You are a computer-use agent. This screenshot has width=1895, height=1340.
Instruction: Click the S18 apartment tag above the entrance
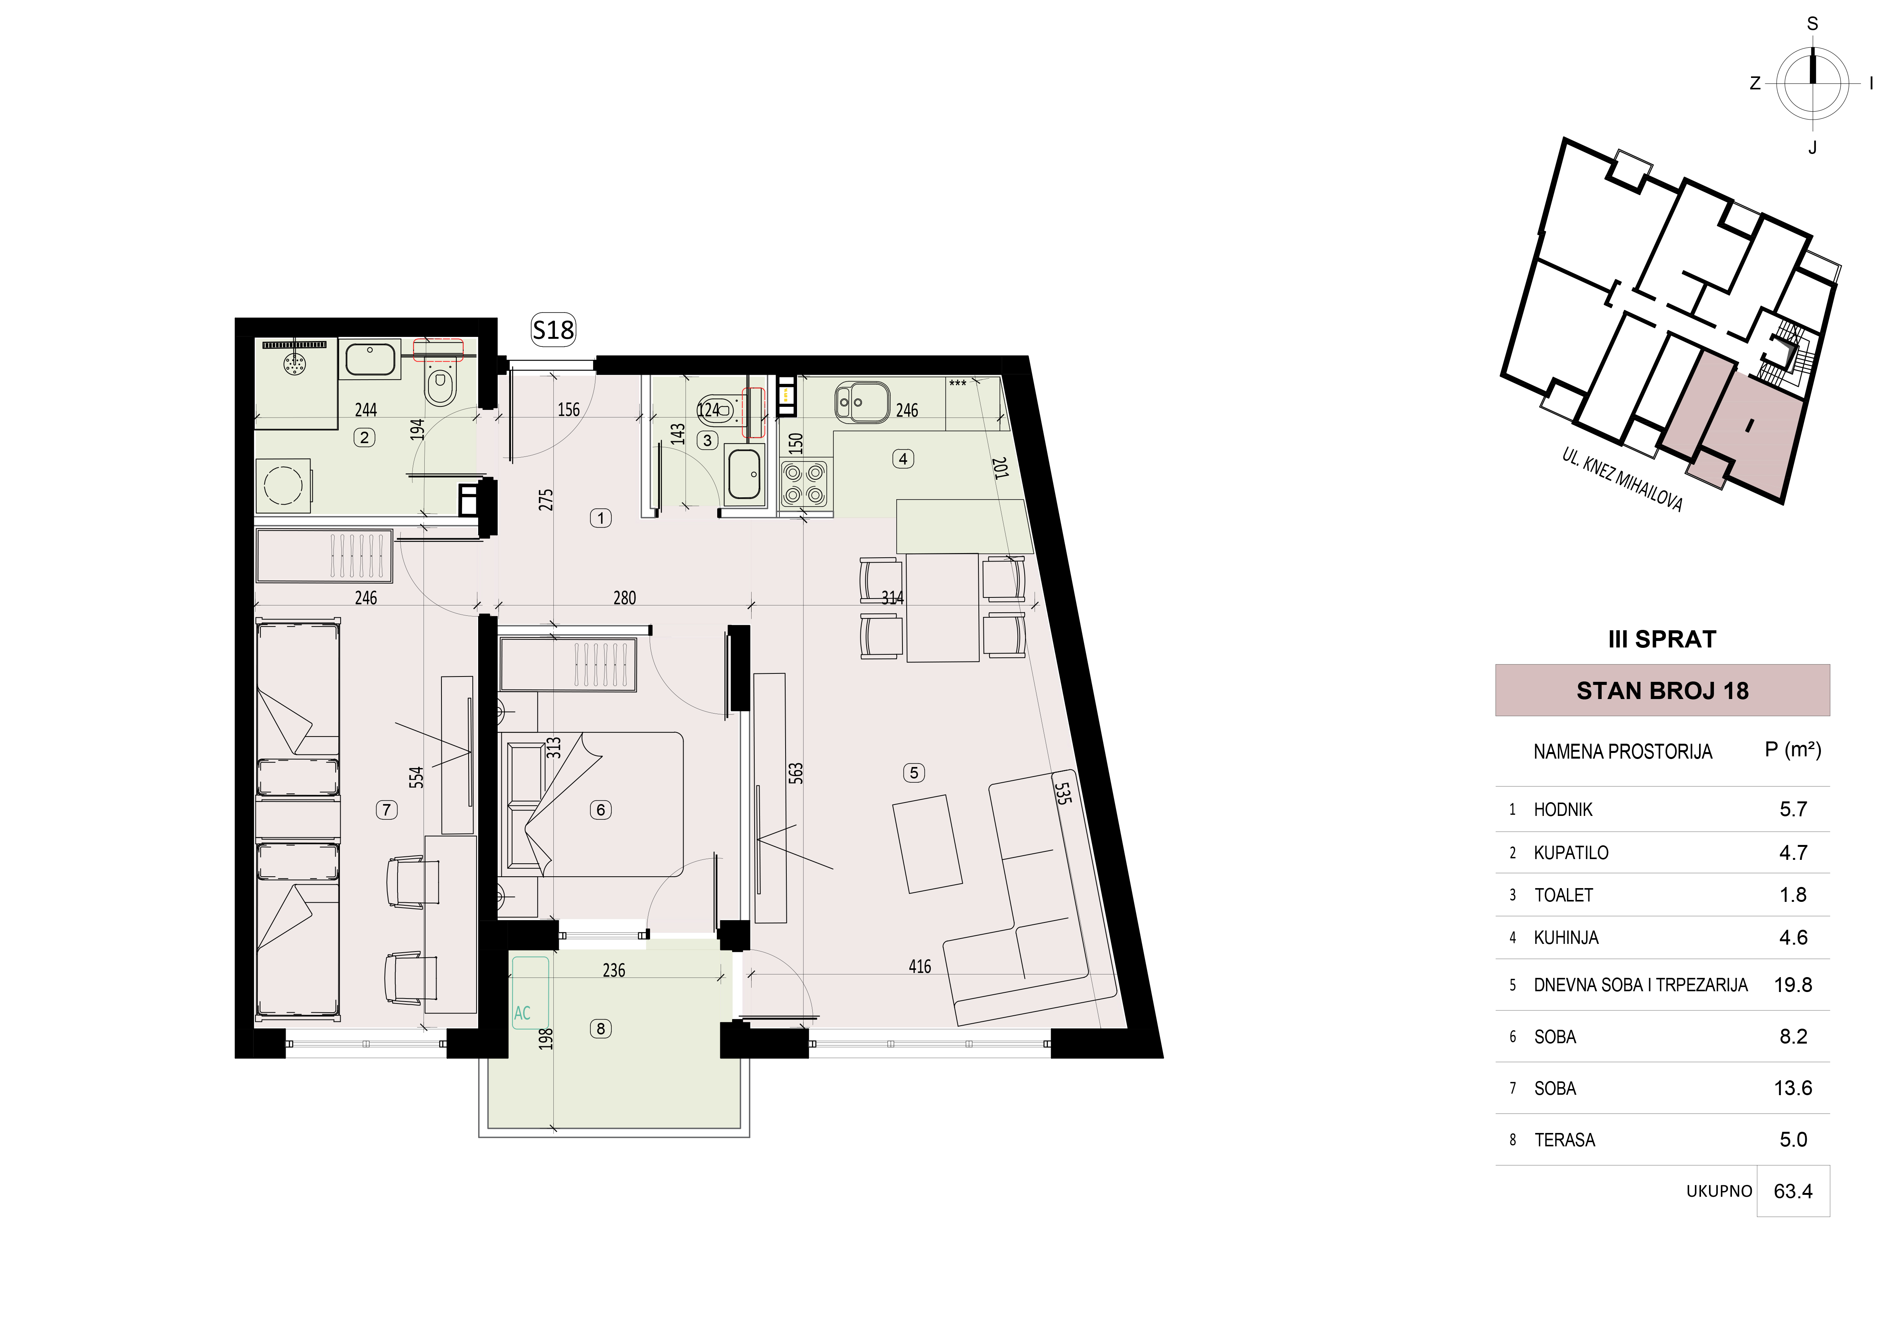(x=553, y=330)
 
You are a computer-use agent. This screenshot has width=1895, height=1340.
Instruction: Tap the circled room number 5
(x=914, y=773)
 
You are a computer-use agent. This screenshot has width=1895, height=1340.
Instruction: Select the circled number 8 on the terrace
(x=601, y=1029)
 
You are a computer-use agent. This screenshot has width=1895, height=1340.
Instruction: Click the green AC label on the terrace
(x=522, y=1013)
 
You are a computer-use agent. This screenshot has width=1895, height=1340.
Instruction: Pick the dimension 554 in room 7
(x=417, y=777)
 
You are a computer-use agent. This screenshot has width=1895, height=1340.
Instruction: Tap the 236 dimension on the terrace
(x=614, y=970)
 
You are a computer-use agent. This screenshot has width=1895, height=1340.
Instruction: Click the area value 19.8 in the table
(x=1793, y=985)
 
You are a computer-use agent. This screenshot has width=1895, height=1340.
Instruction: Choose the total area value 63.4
(x=1793, y=1191)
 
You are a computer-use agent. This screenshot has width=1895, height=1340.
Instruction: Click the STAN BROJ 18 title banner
(x=1662, y=690)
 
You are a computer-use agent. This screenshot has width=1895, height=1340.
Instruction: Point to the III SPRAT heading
(x=1662, y=639)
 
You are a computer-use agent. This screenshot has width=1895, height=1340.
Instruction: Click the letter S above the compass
(x=1813, y=24)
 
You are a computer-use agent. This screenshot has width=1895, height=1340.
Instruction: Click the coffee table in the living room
(x=928, y=844)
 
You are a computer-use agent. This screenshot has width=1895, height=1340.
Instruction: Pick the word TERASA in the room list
(x=1565, y=1140)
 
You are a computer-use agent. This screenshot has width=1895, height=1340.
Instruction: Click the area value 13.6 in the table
(x=1793, y=1088)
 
